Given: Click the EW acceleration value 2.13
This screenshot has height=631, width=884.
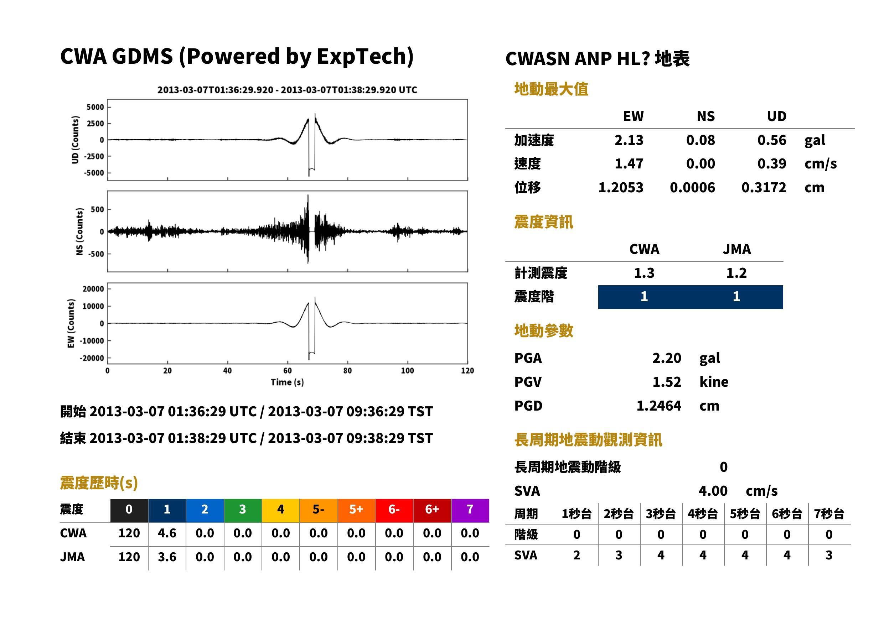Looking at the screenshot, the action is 629,140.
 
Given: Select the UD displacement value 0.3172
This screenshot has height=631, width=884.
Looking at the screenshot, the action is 764,187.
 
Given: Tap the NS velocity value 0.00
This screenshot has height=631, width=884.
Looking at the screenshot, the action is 700,163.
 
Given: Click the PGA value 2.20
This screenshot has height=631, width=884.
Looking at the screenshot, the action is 666,358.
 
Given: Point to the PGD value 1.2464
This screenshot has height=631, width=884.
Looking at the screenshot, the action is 658,406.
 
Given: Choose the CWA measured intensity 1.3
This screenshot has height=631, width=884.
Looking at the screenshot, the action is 644,273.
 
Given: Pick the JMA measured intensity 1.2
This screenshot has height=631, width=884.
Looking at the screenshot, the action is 736,273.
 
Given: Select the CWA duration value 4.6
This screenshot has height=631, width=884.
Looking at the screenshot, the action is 167,533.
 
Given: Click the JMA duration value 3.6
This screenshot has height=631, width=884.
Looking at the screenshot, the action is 167,557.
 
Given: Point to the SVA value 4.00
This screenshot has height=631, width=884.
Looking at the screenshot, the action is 713,491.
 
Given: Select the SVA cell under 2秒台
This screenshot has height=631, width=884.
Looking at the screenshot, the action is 619,555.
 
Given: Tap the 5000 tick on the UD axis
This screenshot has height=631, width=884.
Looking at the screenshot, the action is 95,107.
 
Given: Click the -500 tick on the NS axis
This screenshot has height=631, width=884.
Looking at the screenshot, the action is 97,254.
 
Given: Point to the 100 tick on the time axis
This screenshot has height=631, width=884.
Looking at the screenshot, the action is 407,371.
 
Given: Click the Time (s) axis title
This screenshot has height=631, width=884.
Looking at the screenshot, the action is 287,382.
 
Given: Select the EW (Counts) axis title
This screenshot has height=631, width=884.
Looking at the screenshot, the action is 71,323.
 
